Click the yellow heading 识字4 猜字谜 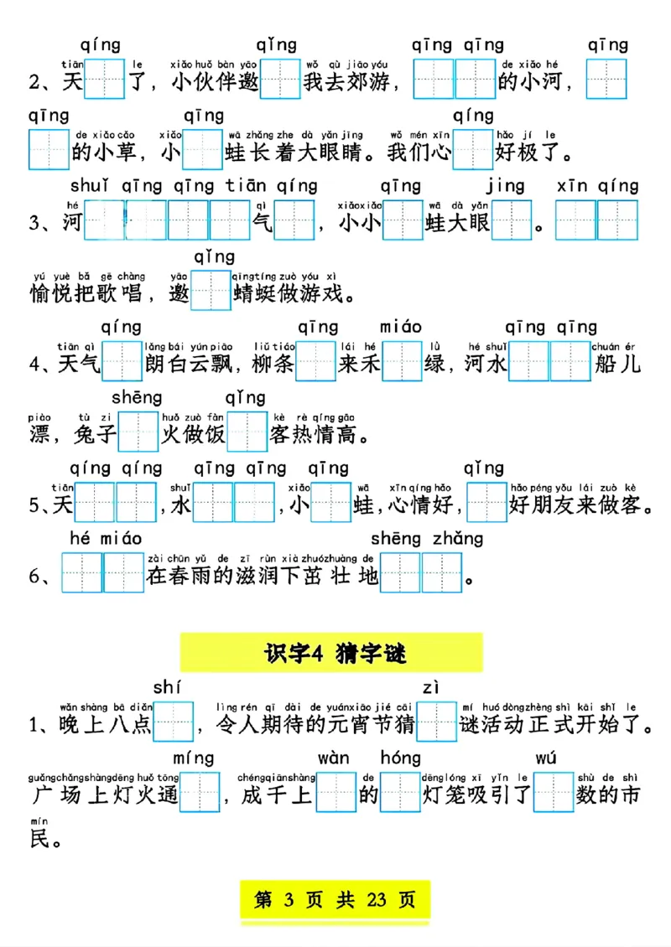tap(332, 652)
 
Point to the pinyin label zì tap(431, 688)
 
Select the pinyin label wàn tap(333, 758)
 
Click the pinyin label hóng tap(400, 758)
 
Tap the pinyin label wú tap(546, 758)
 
